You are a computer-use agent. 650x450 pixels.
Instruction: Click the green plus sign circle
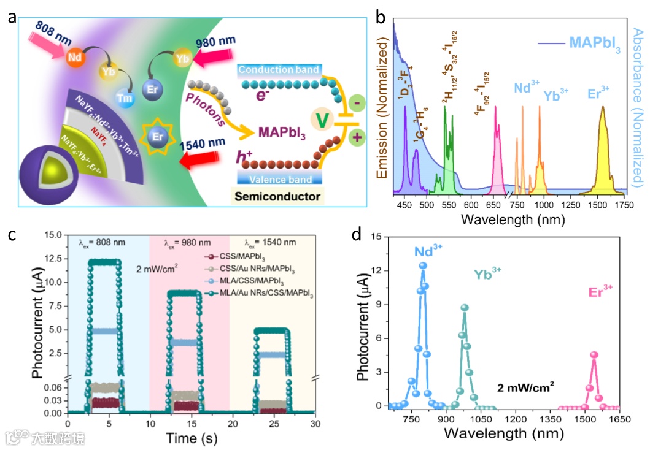tap(355, 138)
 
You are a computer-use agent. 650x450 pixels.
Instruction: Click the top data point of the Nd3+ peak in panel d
tap(422, 265)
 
